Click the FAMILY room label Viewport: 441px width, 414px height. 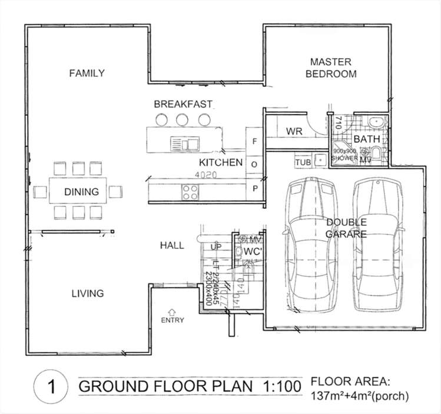87,73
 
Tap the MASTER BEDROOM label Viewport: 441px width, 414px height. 330,68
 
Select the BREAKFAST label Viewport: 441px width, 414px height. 183,104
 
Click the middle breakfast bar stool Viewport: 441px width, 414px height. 182,119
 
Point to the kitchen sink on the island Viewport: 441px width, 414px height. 184,142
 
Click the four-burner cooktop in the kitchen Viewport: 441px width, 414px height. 190,191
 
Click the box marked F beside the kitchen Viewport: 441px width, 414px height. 254,141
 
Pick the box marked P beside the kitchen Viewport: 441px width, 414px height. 254,188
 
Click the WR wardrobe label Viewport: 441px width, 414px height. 294,131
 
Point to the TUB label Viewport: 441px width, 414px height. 303,162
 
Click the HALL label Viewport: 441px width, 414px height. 172,245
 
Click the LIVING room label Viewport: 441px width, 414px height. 88,293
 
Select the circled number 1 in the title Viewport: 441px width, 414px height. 52,387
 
